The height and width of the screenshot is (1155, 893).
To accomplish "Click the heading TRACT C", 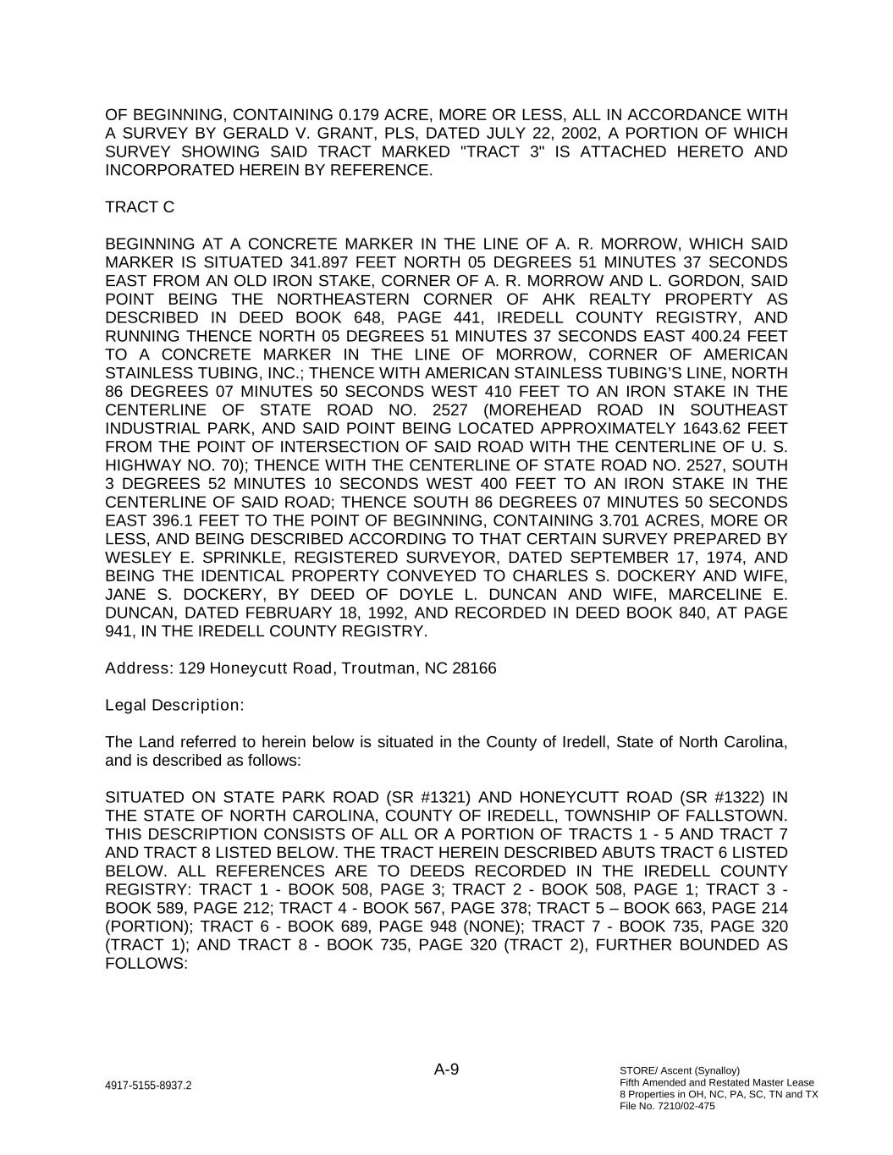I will click(140, 207).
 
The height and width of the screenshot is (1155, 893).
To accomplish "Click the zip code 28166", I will click(474, 668).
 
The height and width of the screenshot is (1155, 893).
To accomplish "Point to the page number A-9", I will click(447, 1070).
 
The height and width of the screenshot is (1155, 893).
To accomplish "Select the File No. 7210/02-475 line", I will click(667, 1106).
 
